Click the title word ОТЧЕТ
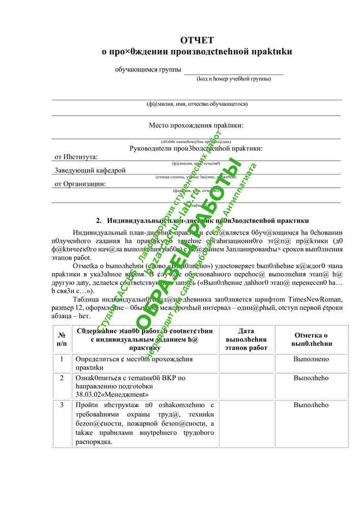point(197,40)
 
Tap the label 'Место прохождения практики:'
point(196,125)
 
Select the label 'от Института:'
point(76,157)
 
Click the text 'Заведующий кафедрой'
point(90,171)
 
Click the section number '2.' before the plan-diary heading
point(99,221)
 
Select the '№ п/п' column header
point(62,340)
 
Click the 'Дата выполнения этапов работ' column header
point(246,340)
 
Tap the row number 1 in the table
point(62,359)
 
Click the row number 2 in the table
point(62,378)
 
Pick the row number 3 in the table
point(62,405)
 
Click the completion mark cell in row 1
point(311,359)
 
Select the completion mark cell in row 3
point(311,405)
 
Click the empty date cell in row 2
point(246,385)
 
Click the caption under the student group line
point(234,79)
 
